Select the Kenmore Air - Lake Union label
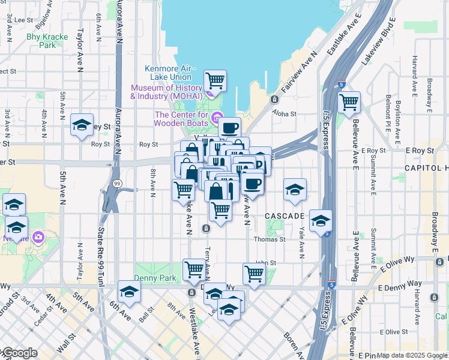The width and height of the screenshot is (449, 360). click(x=168, y=73)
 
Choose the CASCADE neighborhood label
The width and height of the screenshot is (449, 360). click(x=285, y=215)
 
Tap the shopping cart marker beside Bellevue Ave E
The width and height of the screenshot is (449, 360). click(x=348, y=101)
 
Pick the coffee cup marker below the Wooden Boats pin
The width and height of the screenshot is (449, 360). click(x=229, y=127)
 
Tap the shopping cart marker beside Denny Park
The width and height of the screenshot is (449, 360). click(x=194, y=269)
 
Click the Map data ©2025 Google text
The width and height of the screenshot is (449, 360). click(x=411, y=355)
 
